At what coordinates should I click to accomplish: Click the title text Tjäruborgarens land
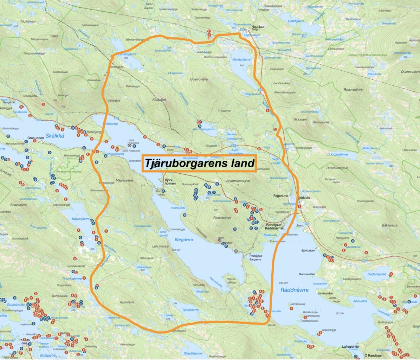(x=199, y=163)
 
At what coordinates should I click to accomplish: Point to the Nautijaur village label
(x=257, y=27)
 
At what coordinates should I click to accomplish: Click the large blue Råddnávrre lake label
(x=295, y=290)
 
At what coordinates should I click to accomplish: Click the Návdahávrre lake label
(x=241, y=60)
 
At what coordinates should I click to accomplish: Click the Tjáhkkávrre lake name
(x=190, y=310)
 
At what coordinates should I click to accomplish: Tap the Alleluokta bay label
(x=360, y=301)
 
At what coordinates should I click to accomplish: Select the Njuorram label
(x=300, y=120)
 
